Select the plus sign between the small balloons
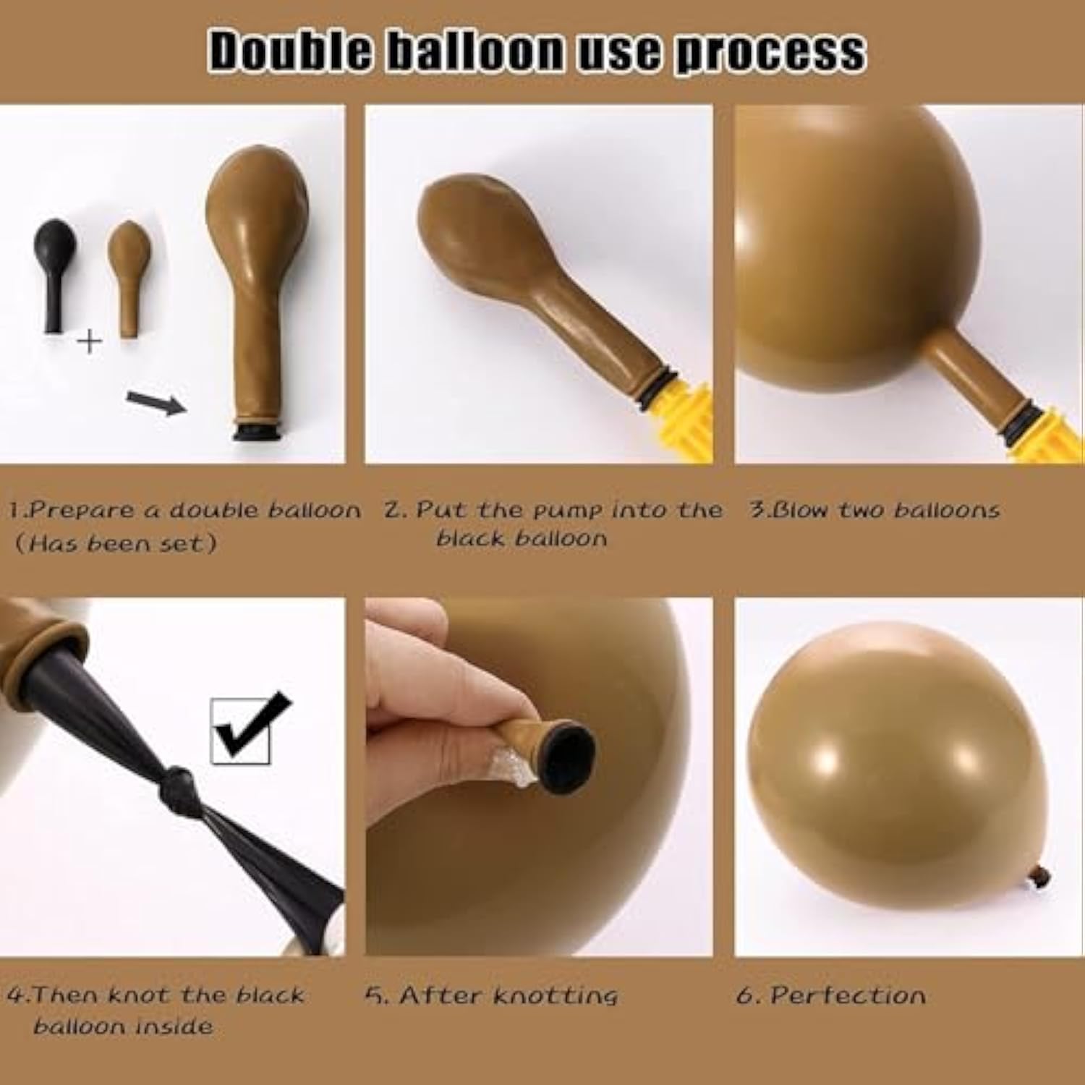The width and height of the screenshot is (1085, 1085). [x=90, y=341]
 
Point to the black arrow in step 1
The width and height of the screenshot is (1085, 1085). [x=156, y=401]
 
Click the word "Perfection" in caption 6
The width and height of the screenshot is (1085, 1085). [x=848, y=995]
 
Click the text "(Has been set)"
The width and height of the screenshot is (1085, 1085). [x=116, y=542]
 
